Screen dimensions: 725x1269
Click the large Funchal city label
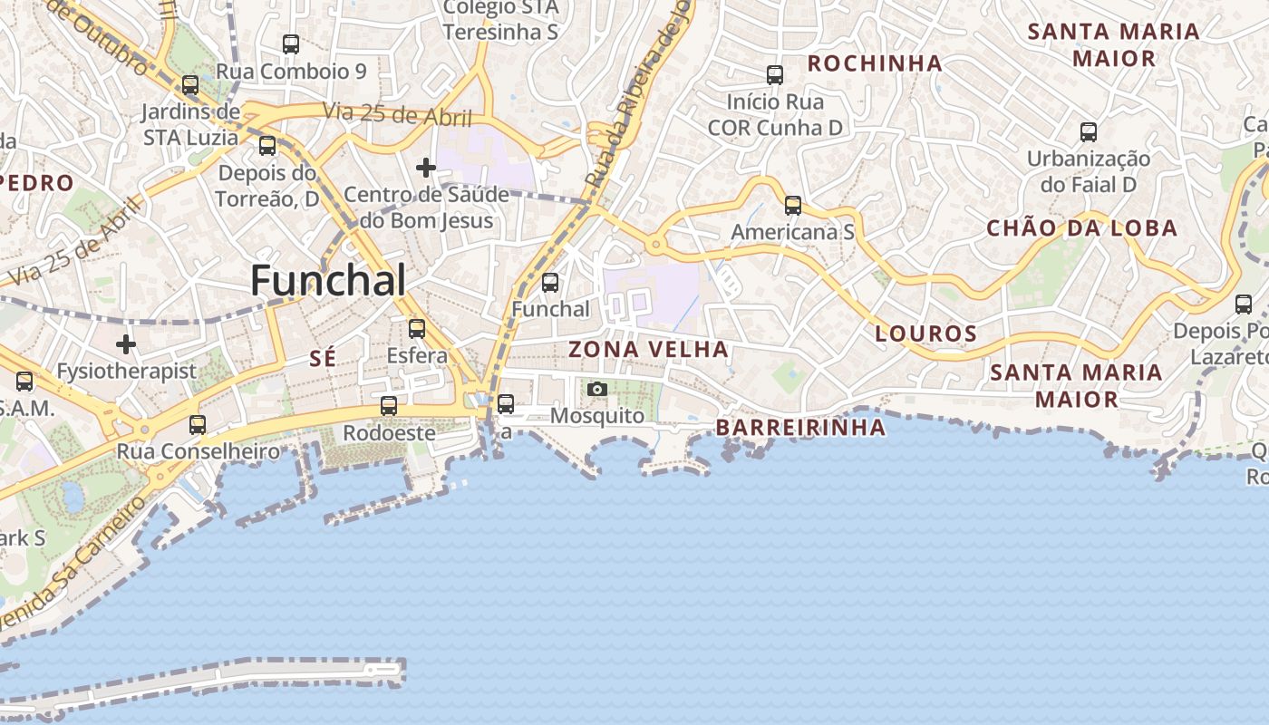[328, 280]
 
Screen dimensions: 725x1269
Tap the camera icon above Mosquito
[596, 390]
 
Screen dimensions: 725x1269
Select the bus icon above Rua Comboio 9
[291, 43]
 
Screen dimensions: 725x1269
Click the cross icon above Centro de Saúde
[426, 168]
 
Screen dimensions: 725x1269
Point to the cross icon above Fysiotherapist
[126, 344]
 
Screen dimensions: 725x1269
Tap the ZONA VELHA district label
[648, 349]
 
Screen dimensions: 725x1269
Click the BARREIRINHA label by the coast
[800, 428]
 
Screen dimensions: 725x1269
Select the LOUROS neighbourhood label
[926, 333]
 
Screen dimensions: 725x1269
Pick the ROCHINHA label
[875, 63]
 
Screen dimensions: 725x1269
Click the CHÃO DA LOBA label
[1082, 228]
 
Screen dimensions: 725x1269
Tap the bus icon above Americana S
[793, 206]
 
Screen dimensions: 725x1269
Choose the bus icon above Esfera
[417, 329]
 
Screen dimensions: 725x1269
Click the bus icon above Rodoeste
[389, 406]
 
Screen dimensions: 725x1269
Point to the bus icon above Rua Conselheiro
[197, 424]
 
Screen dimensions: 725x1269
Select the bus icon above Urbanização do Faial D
[1089, 132]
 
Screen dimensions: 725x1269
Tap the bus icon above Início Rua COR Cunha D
[775, 75]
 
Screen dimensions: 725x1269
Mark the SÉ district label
[323, 358]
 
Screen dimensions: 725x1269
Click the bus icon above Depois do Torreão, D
[267, 146]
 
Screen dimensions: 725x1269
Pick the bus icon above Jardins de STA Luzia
[190, 85]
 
